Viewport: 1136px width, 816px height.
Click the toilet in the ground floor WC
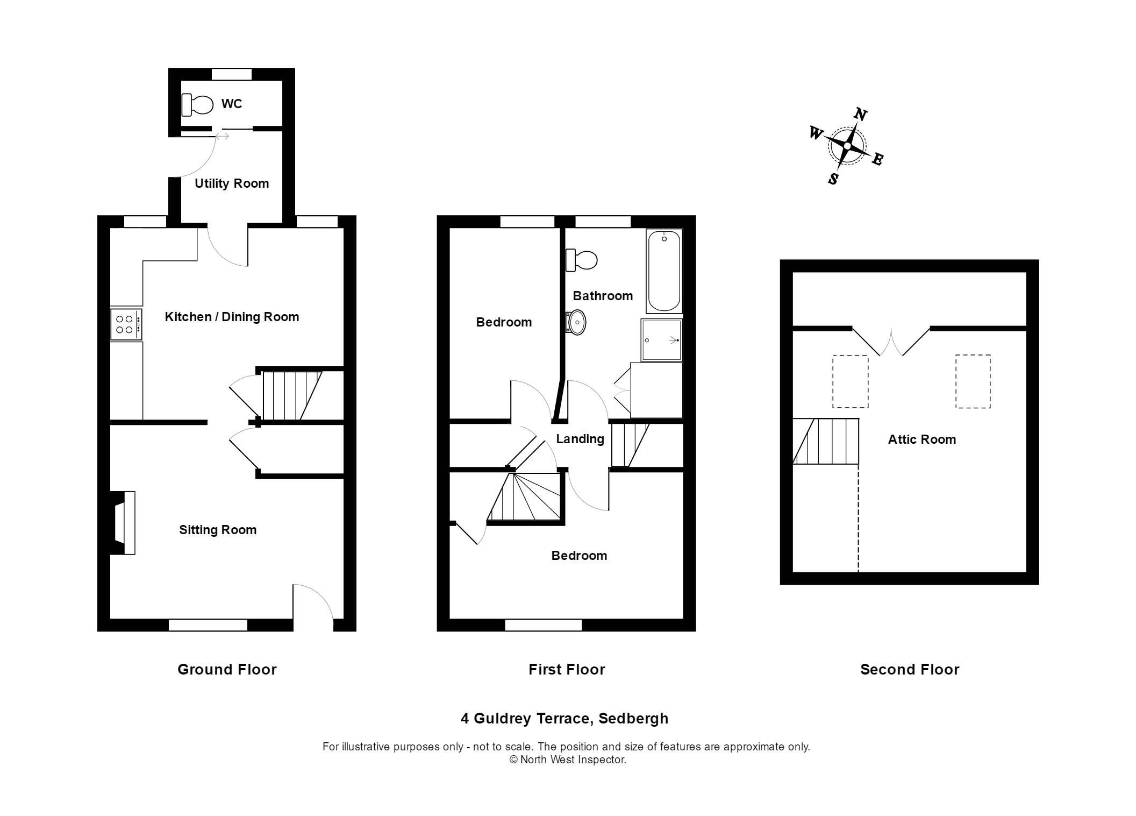click(197, 104)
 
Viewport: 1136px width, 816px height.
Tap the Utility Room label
click(232, 183)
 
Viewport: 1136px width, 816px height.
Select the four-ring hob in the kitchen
click(126, 324)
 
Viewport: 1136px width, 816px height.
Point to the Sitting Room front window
click(208, 625)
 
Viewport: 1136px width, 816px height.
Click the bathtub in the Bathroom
click(664, 271)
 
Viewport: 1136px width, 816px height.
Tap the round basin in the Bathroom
click(576, 323)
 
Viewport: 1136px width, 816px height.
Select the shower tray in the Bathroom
click(661, 340)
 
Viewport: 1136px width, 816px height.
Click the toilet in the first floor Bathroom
click(582, 260)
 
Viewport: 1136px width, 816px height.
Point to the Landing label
click(580, 439)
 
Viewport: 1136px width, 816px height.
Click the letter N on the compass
click(860, 115)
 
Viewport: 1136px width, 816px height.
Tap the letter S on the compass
click(833, 179)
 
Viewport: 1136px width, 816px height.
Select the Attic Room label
click(921, 439)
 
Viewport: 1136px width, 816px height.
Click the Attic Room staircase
click(826, 441)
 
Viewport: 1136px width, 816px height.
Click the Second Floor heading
click(909, 669)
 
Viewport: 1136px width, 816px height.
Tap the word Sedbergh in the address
click(633, 718)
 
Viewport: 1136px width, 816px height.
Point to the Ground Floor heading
click(227, 669)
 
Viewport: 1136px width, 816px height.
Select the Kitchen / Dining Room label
click(232, 317)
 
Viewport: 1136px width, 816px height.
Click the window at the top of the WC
click(232, 74)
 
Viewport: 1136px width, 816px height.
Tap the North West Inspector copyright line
click(567, 760)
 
